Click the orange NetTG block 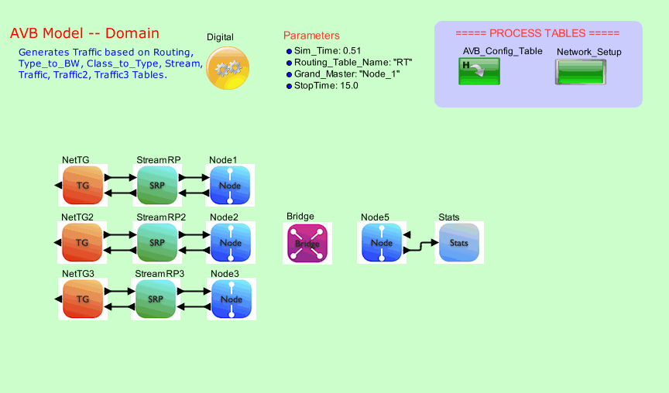(x=83, y=184)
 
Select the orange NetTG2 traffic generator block (x=83, y=242)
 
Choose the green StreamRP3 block (x=156, y=299)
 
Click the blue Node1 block (x=230, y=184)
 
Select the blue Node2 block (x=230, y=242)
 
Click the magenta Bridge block (x=307, y=243)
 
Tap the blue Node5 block (x=382, y=242)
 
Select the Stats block (x=459, y=242)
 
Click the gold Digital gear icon (x=228, y=68)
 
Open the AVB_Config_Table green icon (x=479, y=71)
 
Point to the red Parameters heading (x=311, y=36)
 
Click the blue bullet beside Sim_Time (x=290, y=50)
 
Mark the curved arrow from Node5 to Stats (x=421, y=246)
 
